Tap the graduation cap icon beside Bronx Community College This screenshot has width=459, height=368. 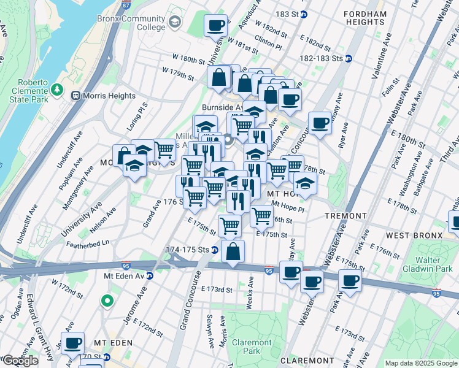175,22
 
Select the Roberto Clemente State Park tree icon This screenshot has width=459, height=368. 58,90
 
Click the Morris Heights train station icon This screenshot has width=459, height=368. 76,96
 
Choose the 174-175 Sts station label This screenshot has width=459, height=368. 187,250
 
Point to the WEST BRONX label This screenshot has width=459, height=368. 414,236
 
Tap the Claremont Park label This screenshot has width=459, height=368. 252,347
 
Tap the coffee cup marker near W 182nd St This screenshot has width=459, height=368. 215,26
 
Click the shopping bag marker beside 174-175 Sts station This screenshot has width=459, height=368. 233,251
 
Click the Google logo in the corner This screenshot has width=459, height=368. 20,361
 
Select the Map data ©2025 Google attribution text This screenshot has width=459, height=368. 420,364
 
